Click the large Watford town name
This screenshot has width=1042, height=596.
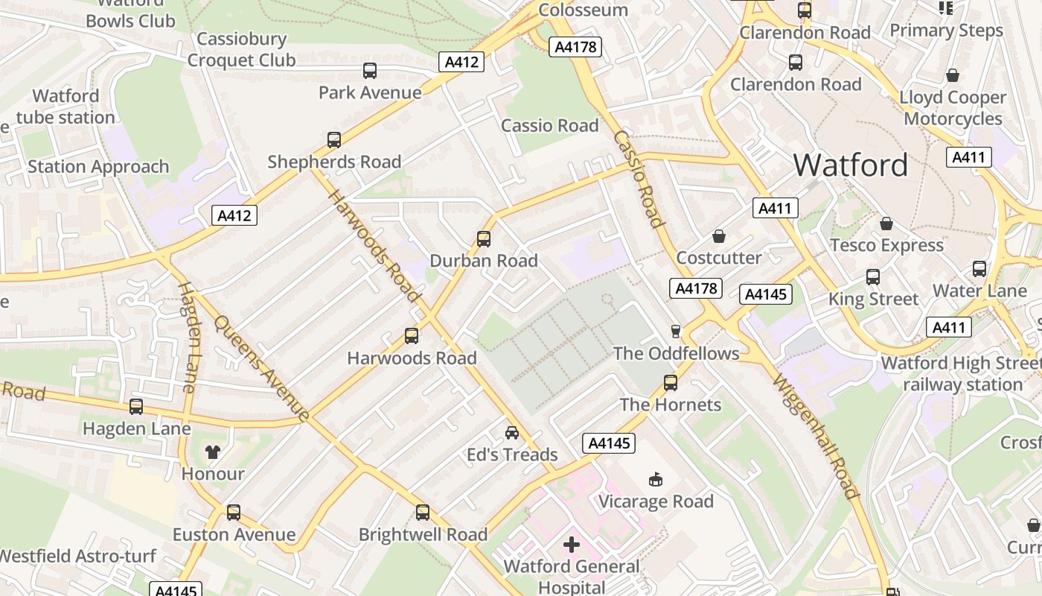851,165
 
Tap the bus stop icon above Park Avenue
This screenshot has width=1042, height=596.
369,71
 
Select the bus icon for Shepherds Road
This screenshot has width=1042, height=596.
334,140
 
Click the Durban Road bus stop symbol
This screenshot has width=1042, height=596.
484,239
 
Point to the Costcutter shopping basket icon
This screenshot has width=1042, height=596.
719,236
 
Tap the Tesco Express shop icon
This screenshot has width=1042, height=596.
886,223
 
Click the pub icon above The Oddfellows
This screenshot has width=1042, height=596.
676,331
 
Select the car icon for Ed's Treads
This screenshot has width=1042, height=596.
512,433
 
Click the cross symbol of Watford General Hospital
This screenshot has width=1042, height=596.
571,545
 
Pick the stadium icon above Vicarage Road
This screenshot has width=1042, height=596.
656,479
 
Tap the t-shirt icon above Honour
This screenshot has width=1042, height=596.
214,451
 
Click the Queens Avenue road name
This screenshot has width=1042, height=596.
261,369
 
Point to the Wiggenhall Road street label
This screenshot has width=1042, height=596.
816,436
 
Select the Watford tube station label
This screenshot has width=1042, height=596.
65,107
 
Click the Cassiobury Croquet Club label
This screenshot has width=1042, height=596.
241,49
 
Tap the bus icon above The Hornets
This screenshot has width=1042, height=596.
671,383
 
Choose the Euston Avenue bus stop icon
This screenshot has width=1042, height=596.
234,513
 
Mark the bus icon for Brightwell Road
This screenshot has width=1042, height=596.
423,513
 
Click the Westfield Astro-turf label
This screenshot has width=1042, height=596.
77,557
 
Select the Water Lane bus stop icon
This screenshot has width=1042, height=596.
979,269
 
